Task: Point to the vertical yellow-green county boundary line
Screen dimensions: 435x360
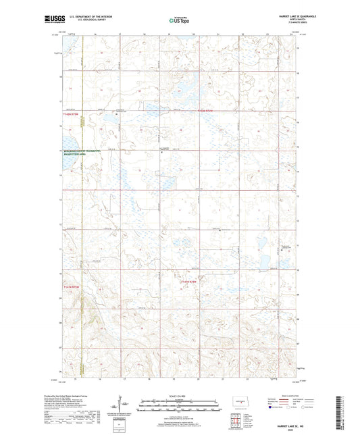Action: click(82, 203)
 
